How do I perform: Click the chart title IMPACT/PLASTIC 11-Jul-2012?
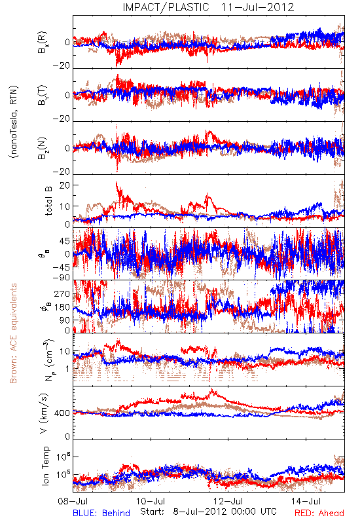pos(208,7)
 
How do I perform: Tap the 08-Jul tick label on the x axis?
pos(73,501)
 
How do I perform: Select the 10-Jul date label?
pos(151,501)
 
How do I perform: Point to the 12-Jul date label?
pos(228,501)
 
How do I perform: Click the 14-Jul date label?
pos(306,501)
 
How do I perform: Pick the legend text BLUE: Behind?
pos(101,513)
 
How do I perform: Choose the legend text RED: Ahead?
pos(319,513)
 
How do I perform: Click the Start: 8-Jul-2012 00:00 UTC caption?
pos(208,512)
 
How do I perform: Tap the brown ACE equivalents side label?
pos(13,333)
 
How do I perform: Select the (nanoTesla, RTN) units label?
pos(13,122)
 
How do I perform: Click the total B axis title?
pos(48,201)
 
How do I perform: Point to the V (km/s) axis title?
pos(44,413)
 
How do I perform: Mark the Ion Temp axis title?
pos(45,466)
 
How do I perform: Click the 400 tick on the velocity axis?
pos(62,413)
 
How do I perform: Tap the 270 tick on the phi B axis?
pos(62,294)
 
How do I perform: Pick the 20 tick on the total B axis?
pos(65,185)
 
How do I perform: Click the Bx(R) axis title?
pos(43,43)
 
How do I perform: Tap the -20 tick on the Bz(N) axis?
pos(61,172)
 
